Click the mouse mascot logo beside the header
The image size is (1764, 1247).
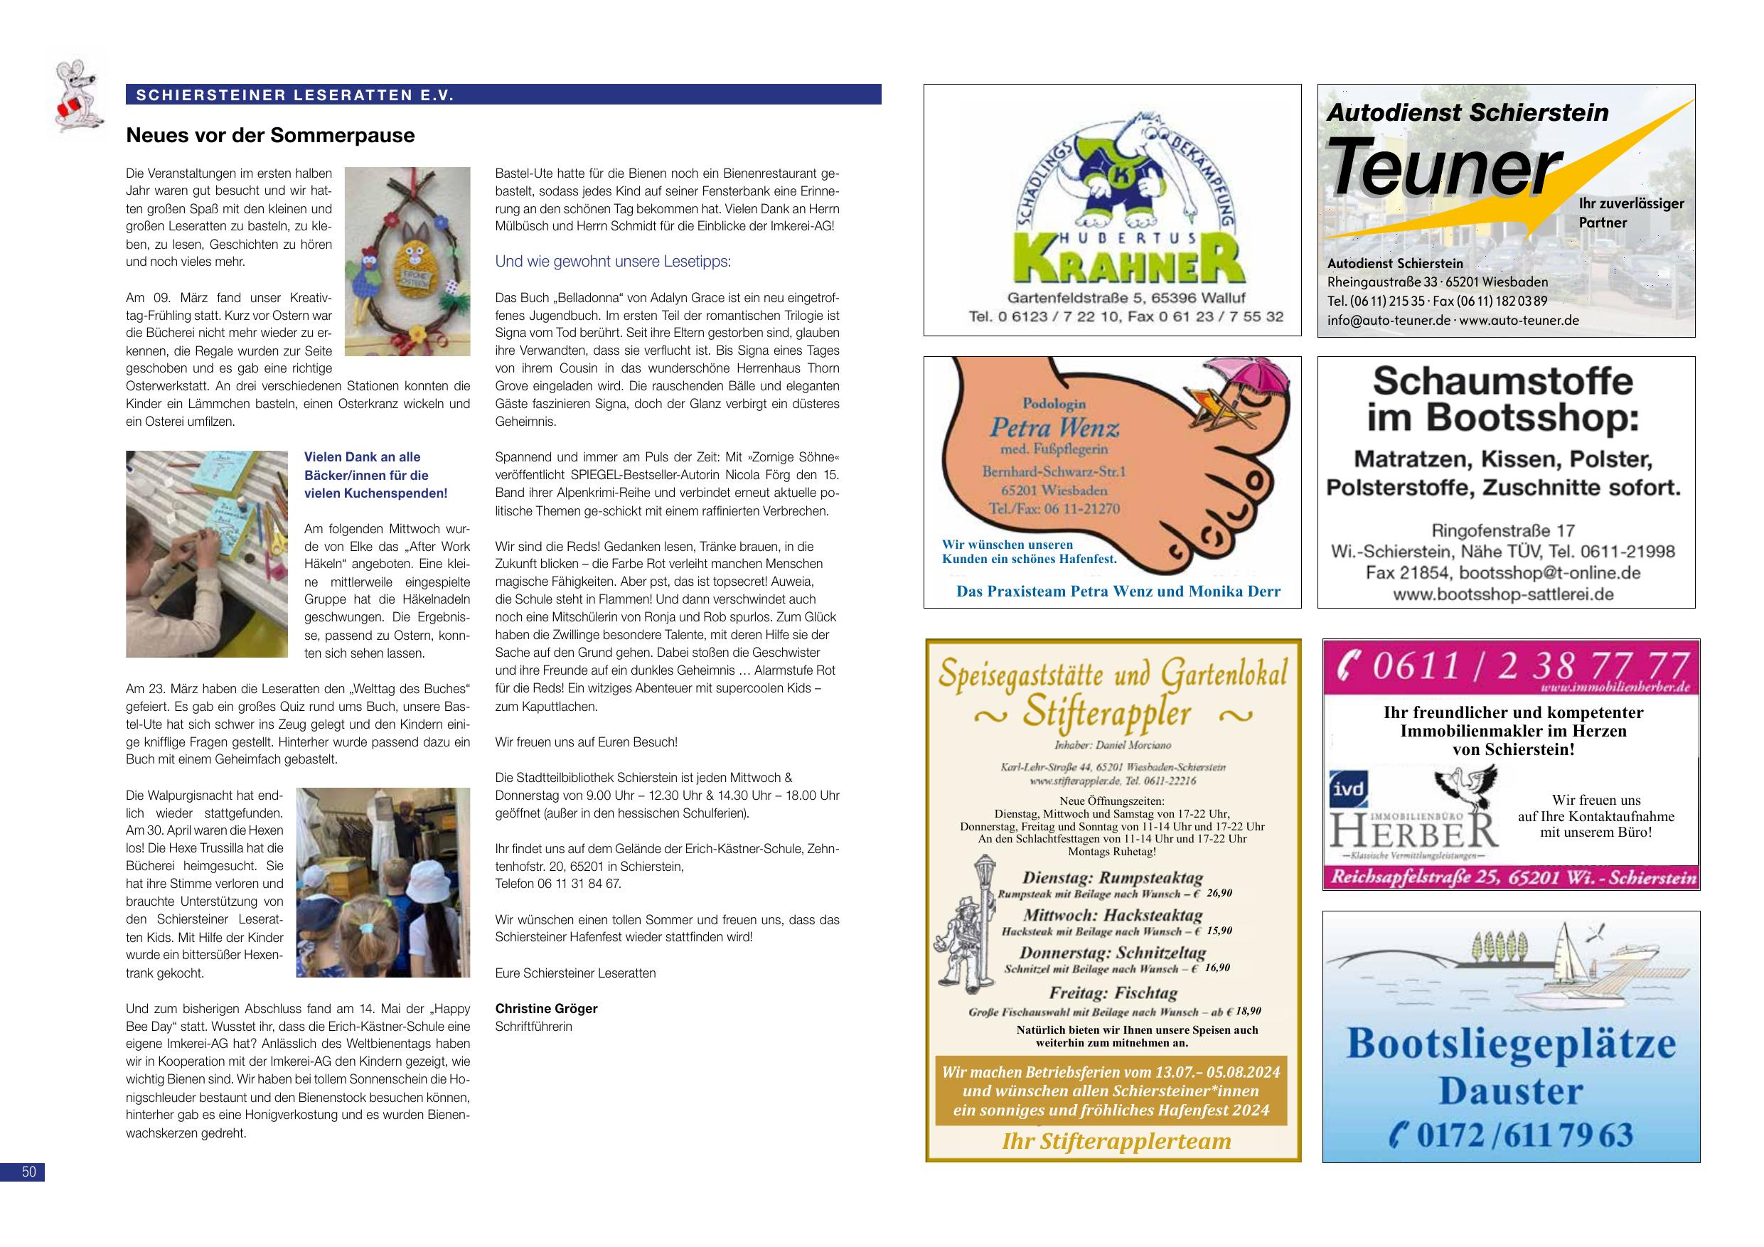click(77, 93)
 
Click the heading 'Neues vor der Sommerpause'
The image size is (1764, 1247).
click(269, 136)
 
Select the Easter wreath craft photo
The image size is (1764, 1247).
click(407, 260)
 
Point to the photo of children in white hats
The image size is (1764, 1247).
click(383, 882)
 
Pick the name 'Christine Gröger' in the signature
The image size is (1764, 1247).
click(545, 1008)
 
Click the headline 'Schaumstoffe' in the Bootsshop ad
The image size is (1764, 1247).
click(1503, 380)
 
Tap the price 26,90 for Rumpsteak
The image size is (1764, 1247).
click(1219, 893)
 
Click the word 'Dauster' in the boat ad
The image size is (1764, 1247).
click(1510, 1091)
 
